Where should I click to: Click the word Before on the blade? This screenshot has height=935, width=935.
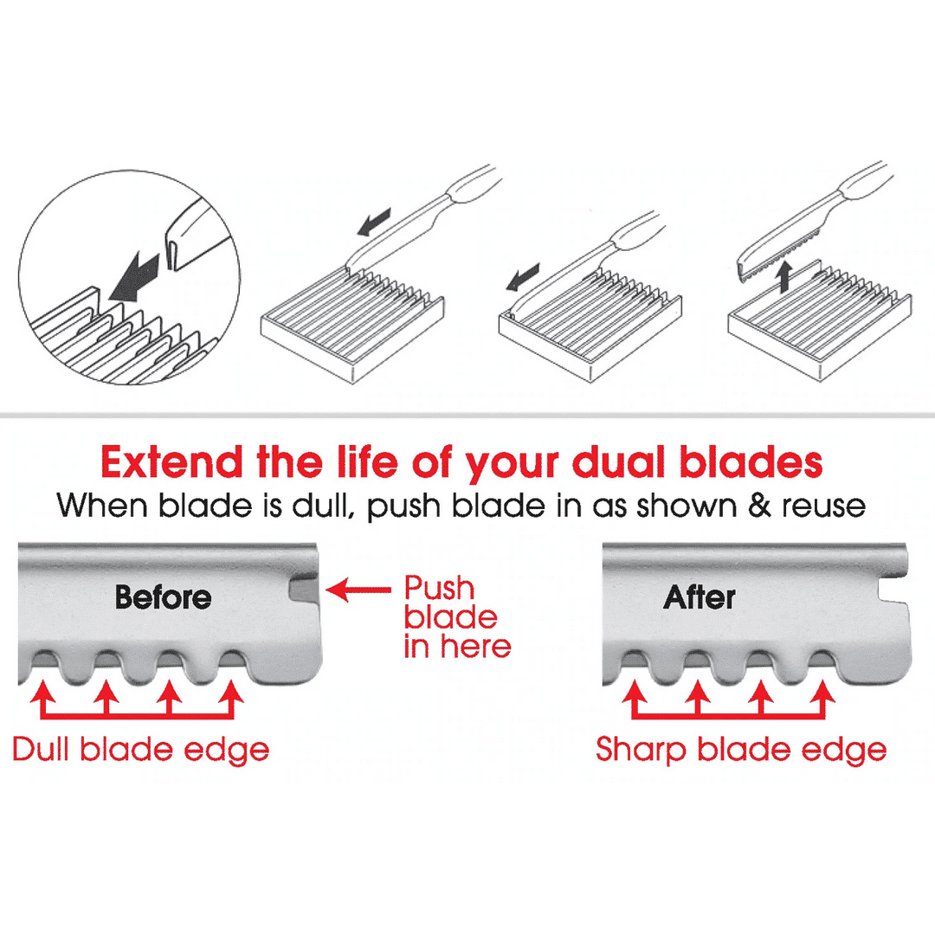tap(164, 596)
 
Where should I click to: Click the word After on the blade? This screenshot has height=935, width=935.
tap(699, 596)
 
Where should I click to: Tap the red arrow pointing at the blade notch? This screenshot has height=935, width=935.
tap(358, 590)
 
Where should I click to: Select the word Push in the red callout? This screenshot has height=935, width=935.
tap(440, 590)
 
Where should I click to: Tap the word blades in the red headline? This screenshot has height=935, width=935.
tap(751, 462)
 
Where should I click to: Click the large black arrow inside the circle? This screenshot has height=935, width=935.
tap(135, 277)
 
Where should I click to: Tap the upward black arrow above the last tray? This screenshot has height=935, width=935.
tap(784, 276)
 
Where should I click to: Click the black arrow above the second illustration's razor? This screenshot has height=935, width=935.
tap(375, 222)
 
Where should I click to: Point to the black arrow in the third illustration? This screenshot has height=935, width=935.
tap(523, 277)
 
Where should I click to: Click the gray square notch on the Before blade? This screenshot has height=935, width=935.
tap(304, 590)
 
